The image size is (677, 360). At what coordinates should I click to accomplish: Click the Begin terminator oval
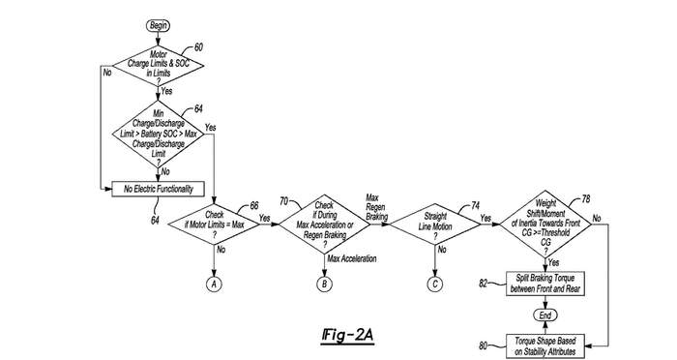click(158, 26)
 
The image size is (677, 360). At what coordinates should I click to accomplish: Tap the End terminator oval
click(545, 315)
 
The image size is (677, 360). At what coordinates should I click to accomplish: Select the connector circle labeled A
click(214, 284)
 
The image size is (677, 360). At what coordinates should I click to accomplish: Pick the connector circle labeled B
click(324, 284)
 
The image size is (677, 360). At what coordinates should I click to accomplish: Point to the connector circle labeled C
click(435, 284)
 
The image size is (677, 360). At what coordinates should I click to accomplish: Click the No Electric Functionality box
click(158, 189)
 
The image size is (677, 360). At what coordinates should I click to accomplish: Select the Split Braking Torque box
click(545, 284)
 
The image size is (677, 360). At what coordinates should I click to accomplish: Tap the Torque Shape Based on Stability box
click(545, 346)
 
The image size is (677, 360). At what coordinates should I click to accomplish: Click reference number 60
click(198, 47)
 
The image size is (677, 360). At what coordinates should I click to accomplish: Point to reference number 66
click(254, 206)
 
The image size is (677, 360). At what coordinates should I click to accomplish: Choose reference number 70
click(283, 201)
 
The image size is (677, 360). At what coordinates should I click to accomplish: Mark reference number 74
click(475, 205)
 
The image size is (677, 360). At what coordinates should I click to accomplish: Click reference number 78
click(585, 198)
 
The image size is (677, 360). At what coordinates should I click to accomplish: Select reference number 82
click(484, 284)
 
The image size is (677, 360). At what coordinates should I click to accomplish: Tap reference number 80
click(484, 345)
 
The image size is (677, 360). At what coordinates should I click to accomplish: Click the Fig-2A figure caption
click(347, 336)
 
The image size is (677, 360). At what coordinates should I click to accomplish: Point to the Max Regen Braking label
click(376, 207)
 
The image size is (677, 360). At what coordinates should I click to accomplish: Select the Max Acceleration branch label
click(352, 259)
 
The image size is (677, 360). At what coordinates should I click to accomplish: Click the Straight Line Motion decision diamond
click(435, 225)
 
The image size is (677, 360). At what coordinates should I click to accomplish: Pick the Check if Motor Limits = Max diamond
click(214, 225)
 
